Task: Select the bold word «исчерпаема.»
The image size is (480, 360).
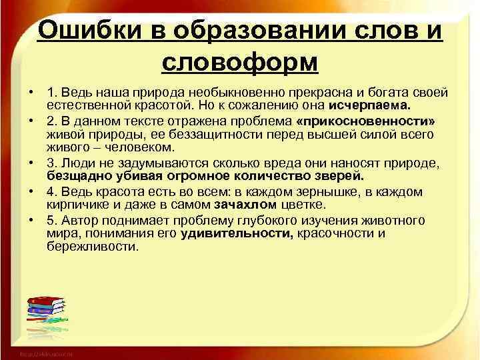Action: click(371, 105)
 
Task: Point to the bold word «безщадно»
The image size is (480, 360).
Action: click(75, 177)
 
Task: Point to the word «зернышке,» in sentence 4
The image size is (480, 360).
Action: click(321, 193)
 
